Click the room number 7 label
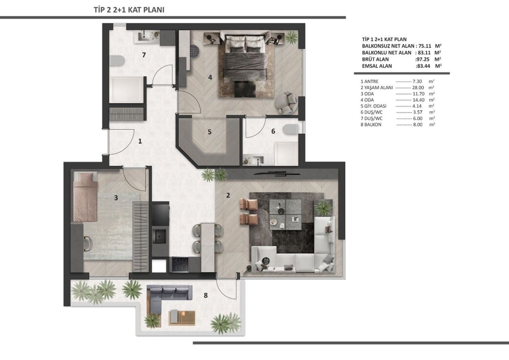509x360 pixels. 144,55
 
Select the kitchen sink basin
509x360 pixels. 161,236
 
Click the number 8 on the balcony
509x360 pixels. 205,295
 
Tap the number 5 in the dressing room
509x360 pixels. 209,132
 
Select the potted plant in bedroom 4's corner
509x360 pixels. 291,38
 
